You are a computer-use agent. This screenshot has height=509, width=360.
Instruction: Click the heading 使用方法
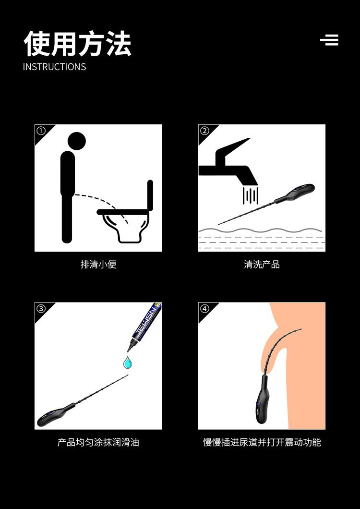click(x=77, y=44)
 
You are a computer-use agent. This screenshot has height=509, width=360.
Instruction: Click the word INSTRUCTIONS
click(x=55, y=67)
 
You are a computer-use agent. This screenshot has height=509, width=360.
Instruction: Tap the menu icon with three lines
click(x=329, y=40)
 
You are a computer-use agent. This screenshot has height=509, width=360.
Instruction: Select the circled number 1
click(x=41, y=131)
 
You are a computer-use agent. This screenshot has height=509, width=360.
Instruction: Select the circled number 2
click(x=204, y=131)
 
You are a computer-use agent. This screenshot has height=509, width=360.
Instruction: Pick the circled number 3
click(x=41, y=309)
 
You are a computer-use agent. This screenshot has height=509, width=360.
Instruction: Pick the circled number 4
click(x=204, y=309)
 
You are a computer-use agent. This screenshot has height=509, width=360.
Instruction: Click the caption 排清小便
click(x=98, y=265)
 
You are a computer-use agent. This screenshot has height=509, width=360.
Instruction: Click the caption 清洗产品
click(x=262, y=265)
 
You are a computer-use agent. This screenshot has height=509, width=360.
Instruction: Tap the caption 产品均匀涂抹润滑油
click(x=98, y=442)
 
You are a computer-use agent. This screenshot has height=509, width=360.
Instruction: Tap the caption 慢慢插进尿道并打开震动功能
click(x=262, y=442)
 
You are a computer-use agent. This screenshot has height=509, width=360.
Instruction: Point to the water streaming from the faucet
click(x=251, y=196)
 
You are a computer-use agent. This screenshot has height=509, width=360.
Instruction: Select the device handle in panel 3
click(x=55, y=414)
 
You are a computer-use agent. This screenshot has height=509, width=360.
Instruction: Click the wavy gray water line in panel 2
click(x=260, y=230)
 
